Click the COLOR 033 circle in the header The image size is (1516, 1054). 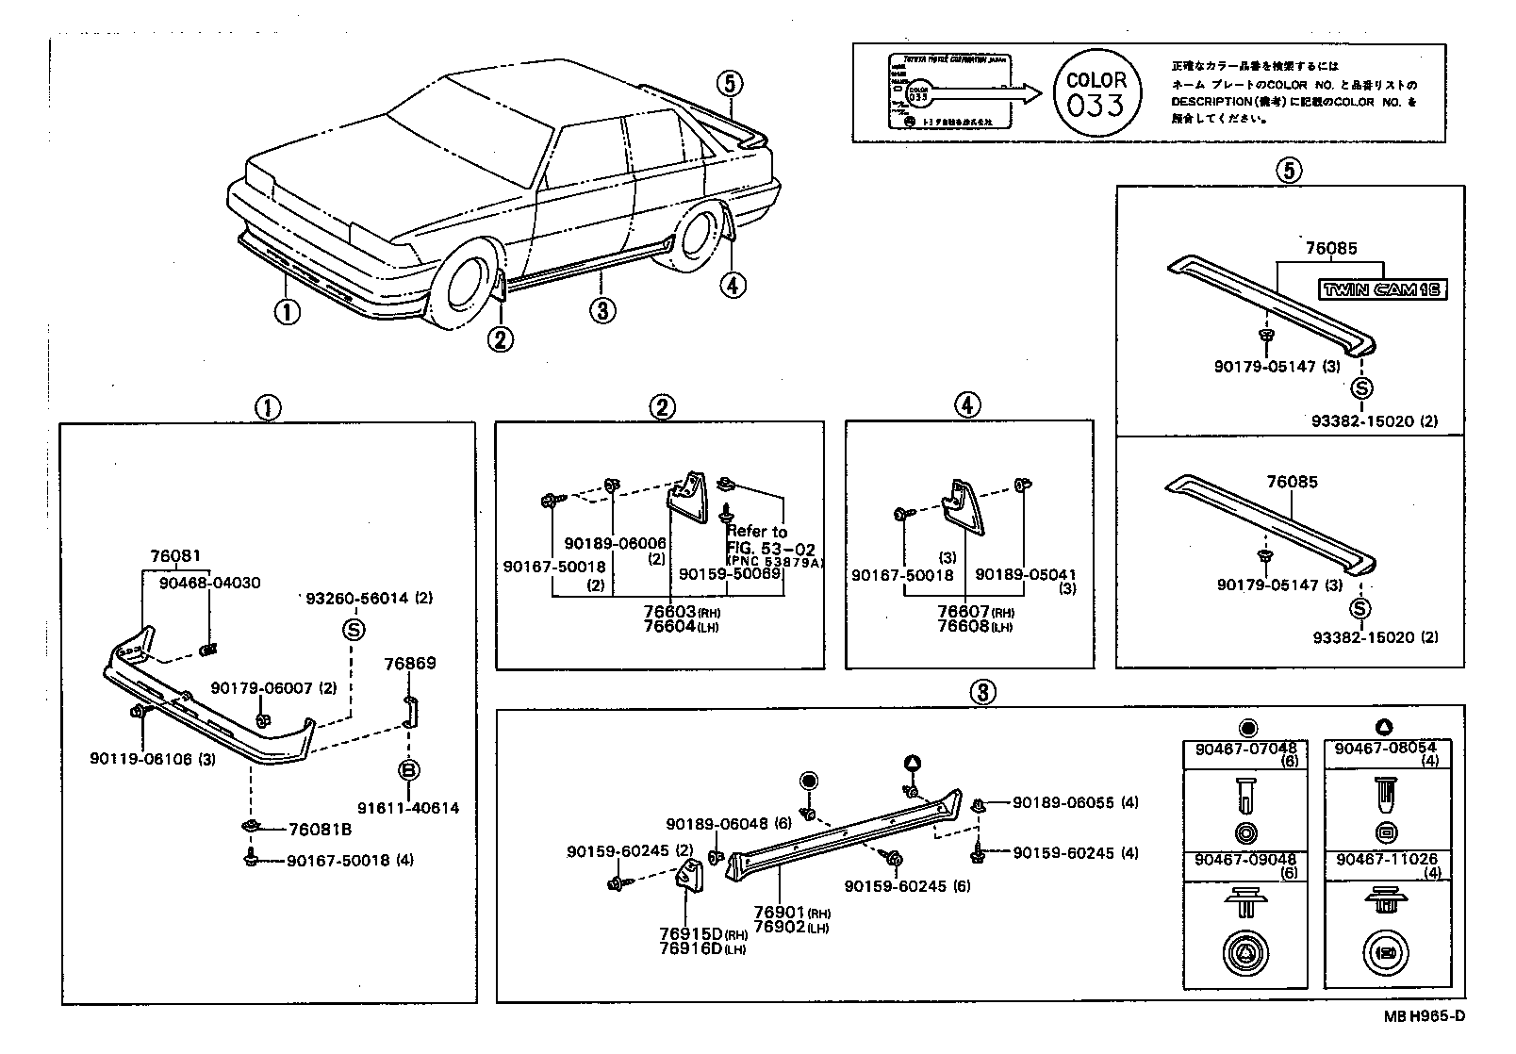(x=1096, y=92)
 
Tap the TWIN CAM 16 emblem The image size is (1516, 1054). (x=1382, y=289)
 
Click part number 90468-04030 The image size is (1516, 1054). (x=209, y=584)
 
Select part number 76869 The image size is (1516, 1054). (x=410, y=664)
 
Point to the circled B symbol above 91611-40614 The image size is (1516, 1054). (x=408, y=770)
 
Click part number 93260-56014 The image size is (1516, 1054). (x=358, y=598)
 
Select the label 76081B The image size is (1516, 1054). (x=320, y=830)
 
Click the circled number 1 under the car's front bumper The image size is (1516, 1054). (x=287, y=310)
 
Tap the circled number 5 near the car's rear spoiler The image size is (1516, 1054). (x=729, y=84)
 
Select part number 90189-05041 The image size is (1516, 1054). (x=1025, y=575)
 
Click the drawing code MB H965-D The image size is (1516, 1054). (x=1425, y=1015)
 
